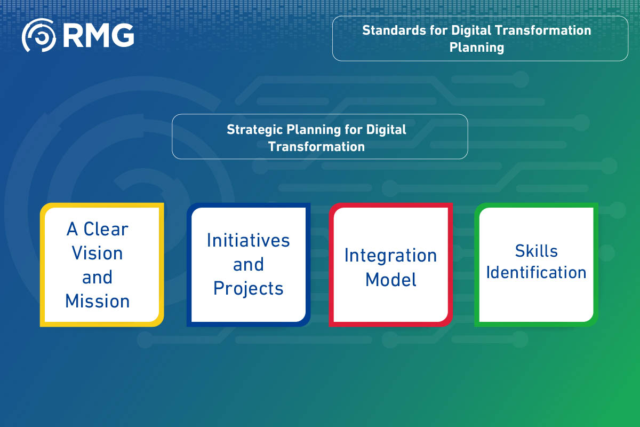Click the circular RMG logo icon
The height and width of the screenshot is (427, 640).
point(38,35)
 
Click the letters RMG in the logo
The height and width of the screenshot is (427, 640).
point(98,35)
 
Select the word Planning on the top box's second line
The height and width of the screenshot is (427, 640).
point(477,48)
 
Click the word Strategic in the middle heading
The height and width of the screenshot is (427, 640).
point(255,130)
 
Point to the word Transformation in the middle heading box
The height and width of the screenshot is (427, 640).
point(317,147)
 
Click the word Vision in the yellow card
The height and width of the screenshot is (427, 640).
point(98,253)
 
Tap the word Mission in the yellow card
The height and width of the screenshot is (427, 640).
point(98,301)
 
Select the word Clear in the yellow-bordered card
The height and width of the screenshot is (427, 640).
point(106,229)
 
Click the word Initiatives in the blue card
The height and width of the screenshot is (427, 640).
point(248,240)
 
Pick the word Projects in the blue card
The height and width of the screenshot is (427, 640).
point(248,288)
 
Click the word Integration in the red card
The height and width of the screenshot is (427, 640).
point(390,255)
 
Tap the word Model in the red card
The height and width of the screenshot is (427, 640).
point(390,279)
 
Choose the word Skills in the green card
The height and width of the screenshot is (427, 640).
point(536,250)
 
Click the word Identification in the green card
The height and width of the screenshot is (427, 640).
point(536,272)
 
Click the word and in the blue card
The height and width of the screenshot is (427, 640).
point(248,264)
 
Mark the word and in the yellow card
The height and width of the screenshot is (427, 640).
point(97,277)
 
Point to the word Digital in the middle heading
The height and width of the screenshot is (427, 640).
point(387,130)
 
